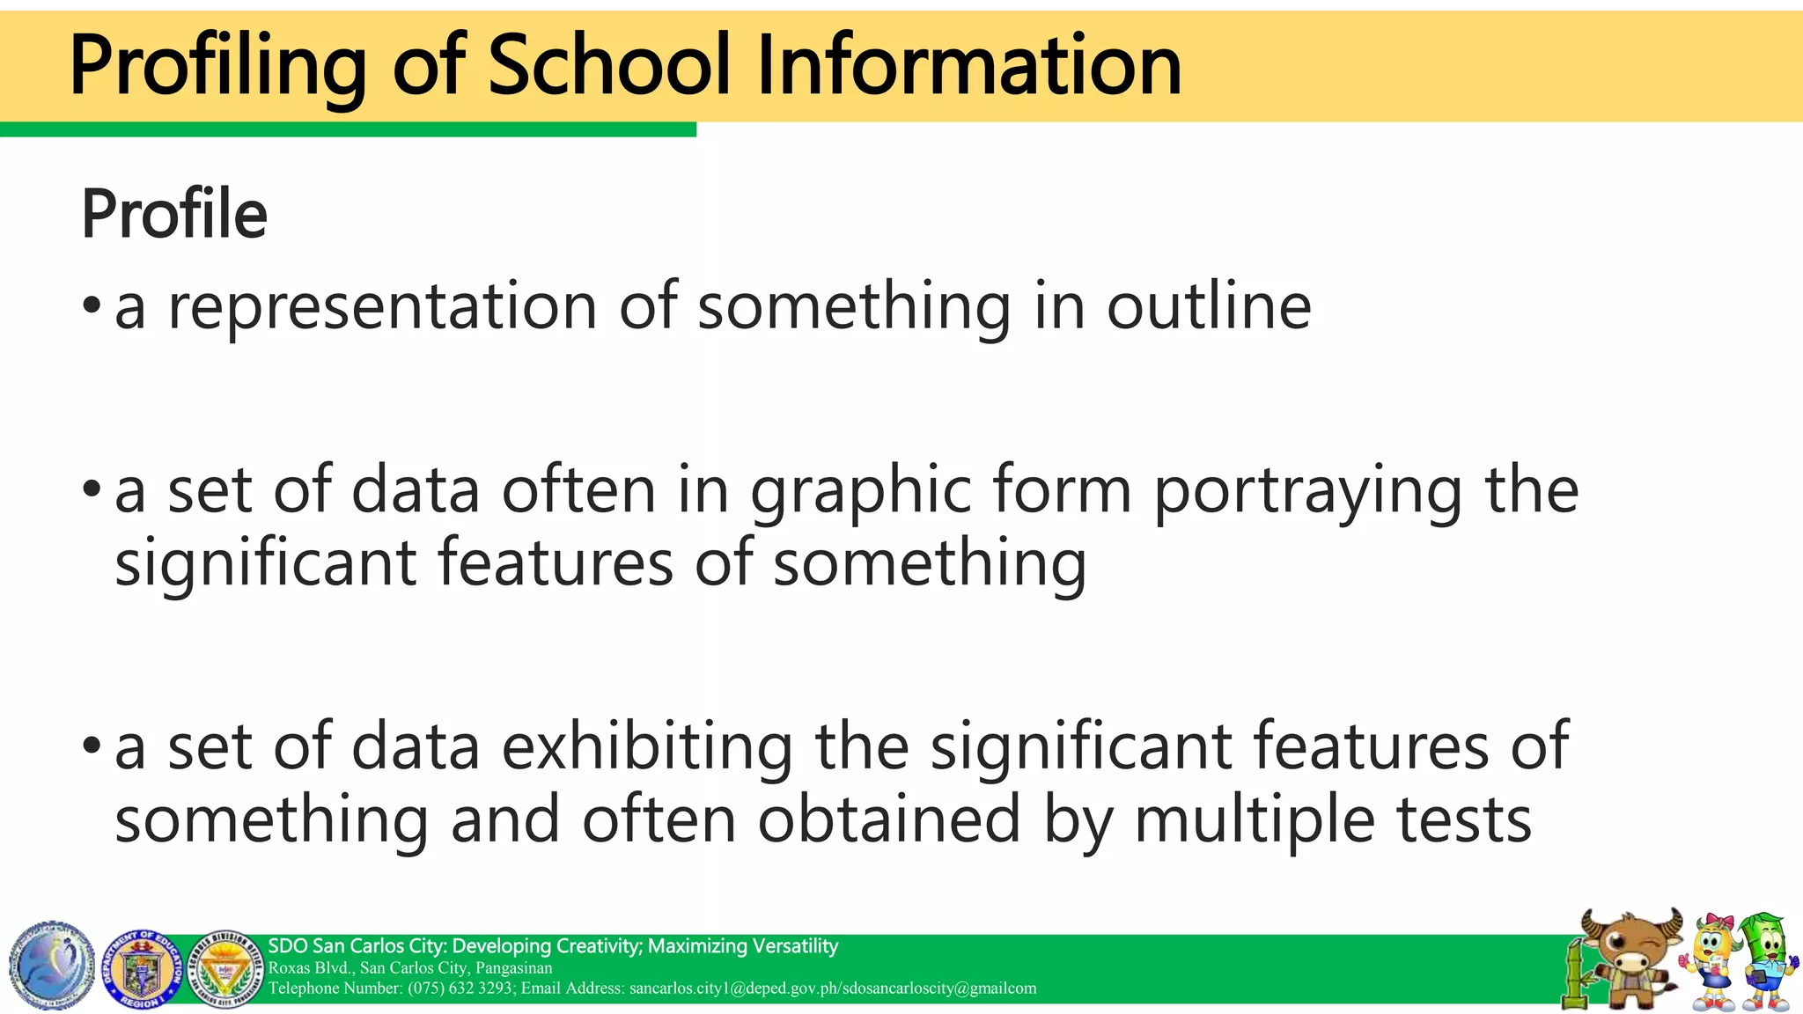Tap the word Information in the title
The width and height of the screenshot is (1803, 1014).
968,65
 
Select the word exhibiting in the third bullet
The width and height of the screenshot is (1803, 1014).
647,746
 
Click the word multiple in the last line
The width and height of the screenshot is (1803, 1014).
1254,819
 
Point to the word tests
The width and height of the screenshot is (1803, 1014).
1463,819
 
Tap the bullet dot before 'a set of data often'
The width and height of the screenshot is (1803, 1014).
92,489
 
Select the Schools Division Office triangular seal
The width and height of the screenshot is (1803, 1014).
226,968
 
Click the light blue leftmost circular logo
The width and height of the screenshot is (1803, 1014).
52,966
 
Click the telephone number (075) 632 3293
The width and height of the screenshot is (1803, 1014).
460,988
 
